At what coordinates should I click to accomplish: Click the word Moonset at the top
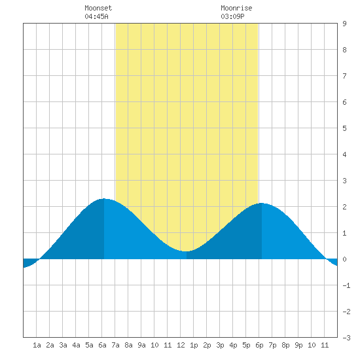click(x=98, y=8)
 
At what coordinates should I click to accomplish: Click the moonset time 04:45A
click(x=96, y=16)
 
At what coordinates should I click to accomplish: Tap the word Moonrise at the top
click(x=236, y=8)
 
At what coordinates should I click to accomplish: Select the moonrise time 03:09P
click(x=232, y=16)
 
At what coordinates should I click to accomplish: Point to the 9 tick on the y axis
click(x=344, y=24)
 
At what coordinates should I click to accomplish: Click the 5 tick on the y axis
click(x=344, y=128)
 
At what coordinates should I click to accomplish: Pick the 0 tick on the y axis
click(x=344, y=259)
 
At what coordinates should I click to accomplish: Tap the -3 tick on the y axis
click(x=346, y=338)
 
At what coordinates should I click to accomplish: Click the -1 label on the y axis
click(x=346, y=285)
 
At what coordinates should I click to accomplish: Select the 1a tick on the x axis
click(x=37, y=345)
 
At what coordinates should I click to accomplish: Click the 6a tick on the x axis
click(x=102, y=345)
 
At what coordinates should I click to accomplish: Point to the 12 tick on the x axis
click(x=181, y=345)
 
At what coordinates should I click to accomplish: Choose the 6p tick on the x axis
click(x=259, y=345)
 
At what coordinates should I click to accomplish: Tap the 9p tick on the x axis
click(x=298, y=345)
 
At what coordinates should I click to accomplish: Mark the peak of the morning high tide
click(x=104, y=198)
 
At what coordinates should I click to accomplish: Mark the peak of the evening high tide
click(x=262, y=203)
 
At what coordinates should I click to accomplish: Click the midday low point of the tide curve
click(x=186, y=251)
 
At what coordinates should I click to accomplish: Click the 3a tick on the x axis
click(x=63, y=345)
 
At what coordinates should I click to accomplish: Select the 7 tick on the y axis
click(x=344, y=76)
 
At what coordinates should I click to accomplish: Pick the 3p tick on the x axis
click(x=220, y=345)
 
